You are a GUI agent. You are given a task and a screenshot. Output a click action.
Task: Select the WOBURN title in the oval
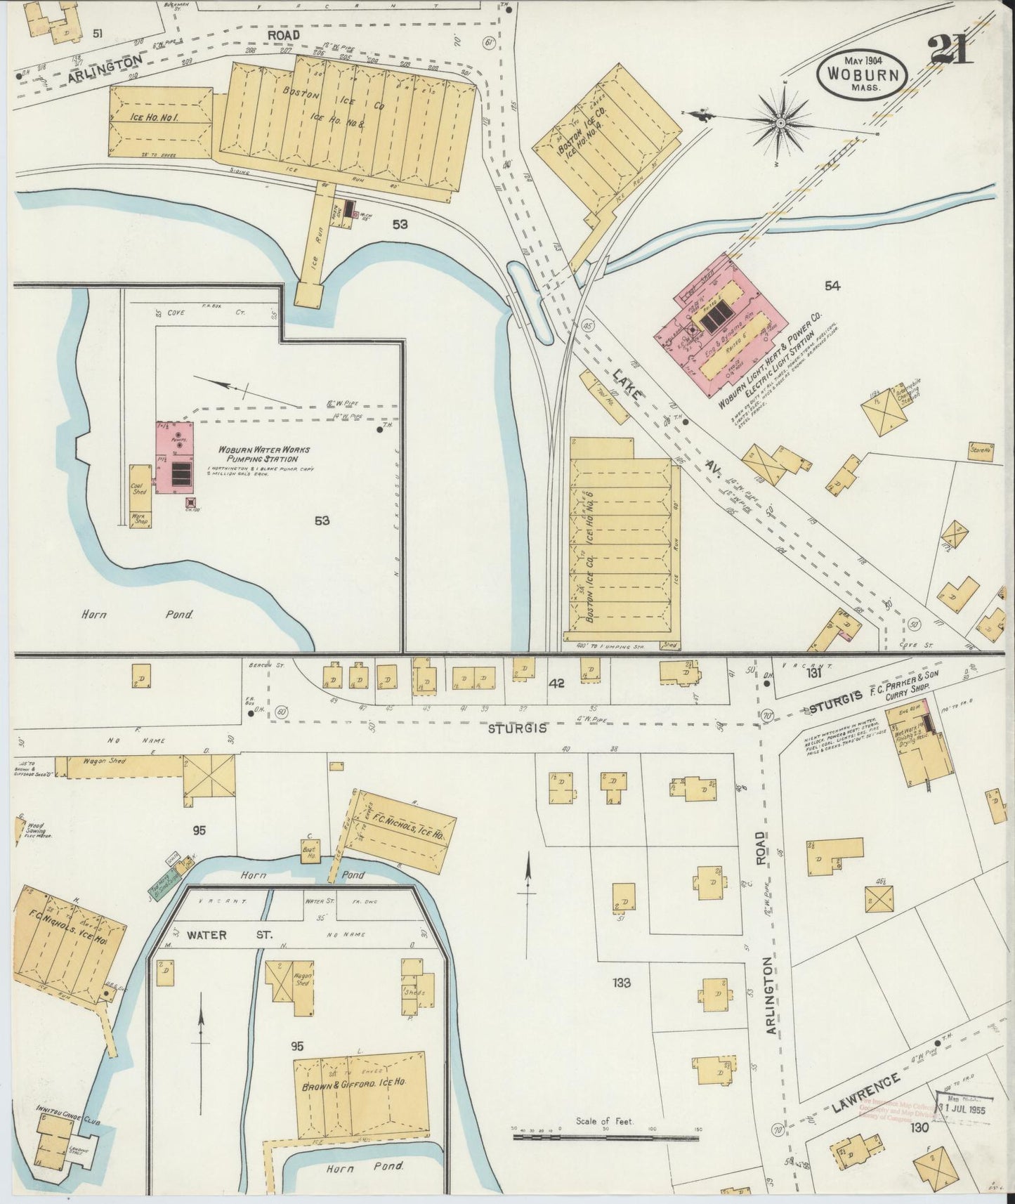coord(863,72)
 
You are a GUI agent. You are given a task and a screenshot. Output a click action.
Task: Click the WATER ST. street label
coord(207,935)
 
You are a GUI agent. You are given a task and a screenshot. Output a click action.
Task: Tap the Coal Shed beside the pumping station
coord(138,488)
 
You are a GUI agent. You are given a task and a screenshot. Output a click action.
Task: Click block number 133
coord(622,982)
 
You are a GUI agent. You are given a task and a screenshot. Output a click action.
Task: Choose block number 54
coord(832,285)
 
